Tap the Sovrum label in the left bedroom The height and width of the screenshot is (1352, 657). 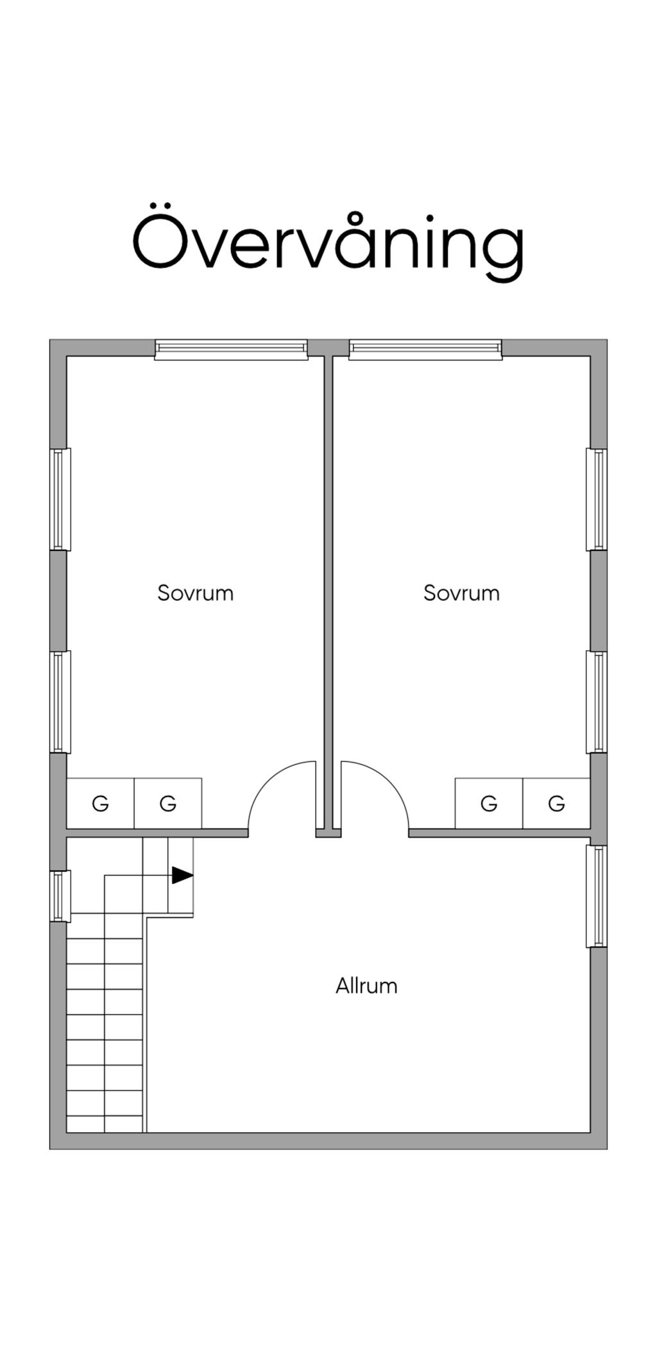195,593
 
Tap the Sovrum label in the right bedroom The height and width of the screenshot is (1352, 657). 461,593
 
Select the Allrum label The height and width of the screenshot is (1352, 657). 366,986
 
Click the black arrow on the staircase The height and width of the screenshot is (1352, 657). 182,875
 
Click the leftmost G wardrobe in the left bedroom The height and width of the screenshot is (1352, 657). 101,803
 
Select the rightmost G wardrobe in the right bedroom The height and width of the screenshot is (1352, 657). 556,803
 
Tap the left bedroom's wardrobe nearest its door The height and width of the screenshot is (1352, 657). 168,803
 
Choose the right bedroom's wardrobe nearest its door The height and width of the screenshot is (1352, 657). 489,803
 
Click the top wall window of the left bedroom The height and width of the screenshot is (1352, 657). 231,349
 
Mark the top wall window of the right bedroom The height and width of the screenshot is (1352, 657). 425,349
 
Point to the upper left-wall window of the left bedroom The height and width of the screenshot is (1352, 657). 60,499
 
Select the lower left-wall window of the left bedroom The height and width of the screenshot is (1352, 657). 60,702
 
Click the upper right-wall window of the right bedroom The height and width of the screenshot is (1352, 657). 597,499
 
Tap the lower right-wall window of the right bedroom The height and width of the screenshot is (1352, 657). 597,702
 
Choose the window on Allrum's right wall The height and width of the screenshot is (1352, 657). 597,896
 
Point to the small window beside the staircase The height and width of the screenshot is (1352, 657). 60,896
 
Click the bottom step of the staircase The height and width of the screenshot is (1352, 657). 105,1124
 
